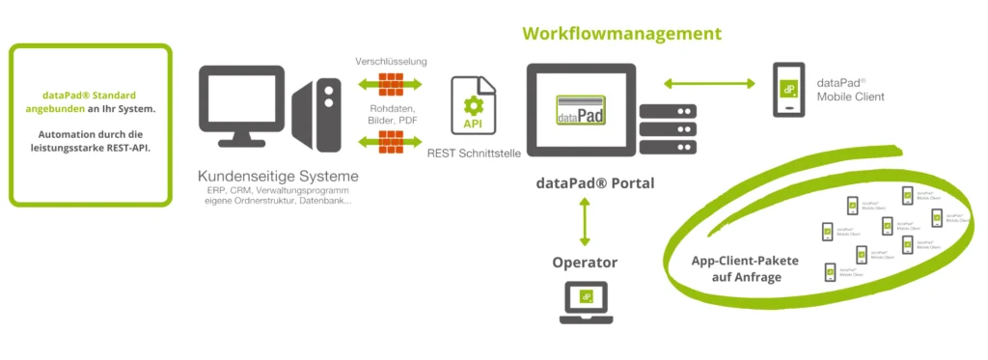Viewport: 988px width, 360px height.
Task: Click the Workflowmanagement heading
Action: click(621, 34)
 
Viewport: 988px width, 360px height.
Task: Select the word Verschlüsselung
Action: click(391, 61)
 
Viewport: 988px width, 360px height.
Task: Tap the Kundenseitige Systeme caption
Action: click(278, 177)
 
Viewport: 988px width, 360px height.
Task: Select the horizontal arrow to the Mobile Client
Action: click(708, 84)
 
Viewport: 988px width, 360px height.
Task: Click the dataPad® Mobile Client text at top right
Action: click(849, 90)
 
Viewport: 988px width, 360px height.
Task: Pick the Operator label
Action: click(585, 262)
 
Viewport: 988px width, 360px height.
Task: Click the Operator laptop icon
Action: click(585, 301)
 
